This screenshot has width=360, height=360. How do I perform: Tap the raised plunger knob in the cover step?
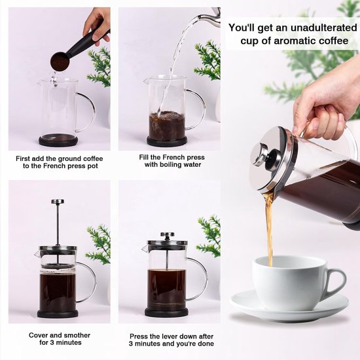click(58, 202)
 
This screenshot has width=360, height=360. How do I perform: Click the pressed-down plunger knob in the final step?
click(168, 234)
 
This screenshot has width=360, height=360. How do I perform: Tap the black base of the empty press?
click(58, 140)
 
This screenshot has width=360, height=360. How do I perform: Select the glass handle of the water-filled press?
click(197, 108)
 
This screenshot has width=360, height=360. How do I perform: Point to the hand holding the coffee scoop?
click(98, 23)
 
